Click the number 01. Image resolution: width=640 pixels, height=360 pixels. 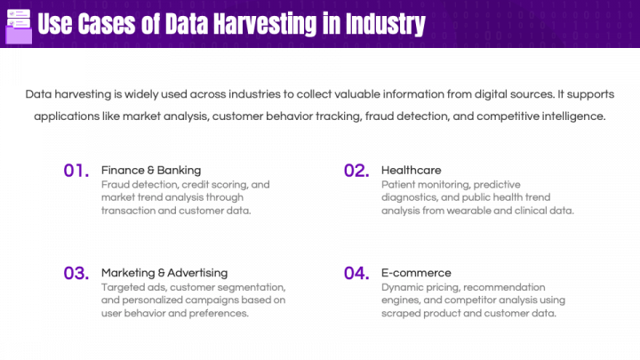76,171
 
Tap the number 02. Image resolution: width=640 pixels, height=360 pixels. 356,171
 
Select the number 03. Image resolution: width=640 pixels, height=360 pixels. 76,273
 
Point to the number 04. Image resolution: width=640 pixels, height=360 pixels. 356,273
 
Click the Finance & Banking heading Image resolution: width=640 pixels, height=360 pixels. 151,169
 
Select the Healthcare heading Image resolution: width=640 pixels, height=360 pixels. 411,169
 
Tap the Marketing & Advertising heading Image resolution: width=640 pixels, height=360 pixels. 164,272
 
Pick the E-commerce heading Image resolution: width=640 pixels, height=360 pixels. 416,272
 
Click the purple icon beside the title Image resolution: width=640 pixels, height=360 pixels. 18,24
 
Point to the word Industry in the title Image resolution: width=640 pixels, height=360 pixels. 386,24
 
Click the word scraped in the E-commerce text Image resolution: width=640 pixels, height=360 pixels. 401,313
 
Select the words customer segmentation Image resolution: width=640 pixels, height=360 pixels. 228,287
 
